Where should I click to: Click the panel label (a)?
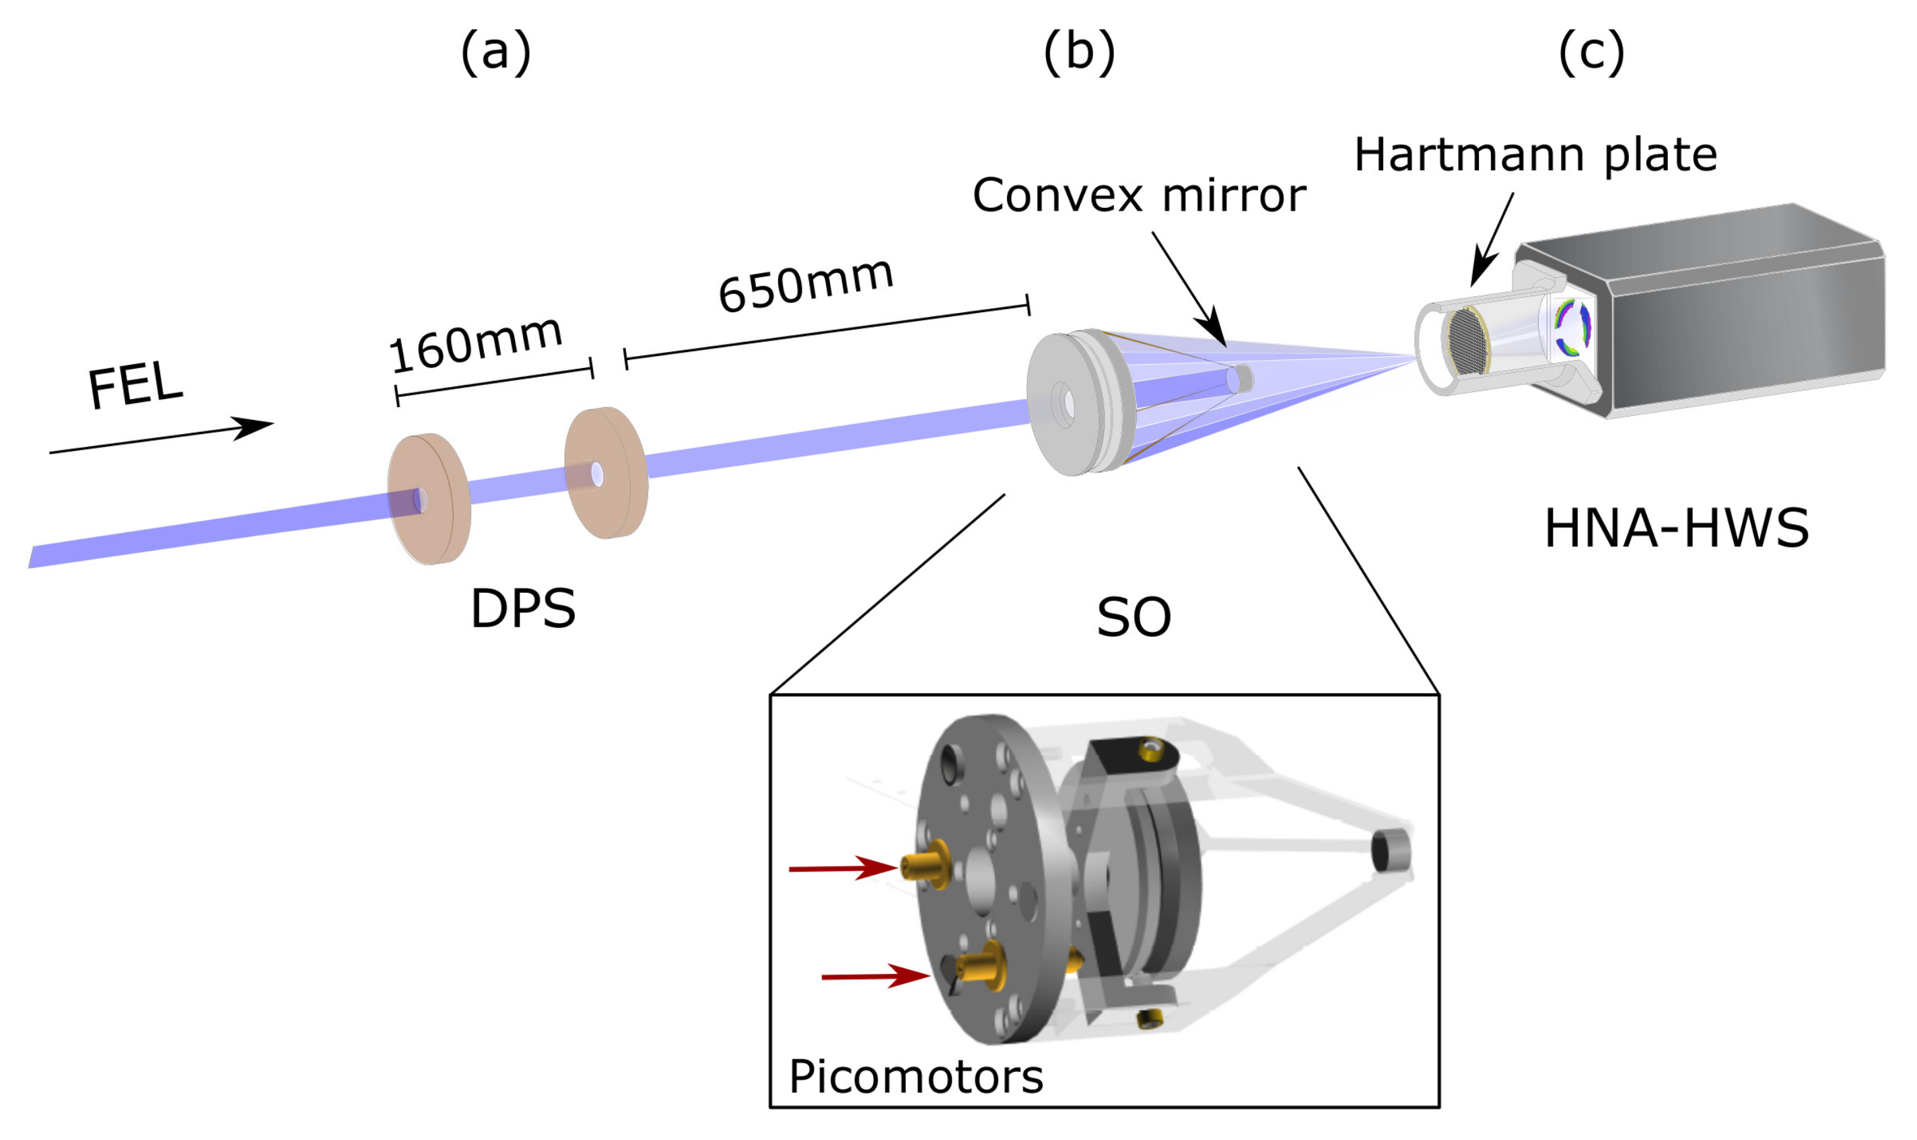pos(495,52)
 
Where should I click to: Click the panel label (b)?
pos(1079,52)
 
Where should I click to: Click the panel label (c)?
pos(1591,52)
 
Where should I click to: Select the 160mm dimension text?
pos(476,343)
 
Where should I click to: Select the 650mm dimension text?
pos(805,285)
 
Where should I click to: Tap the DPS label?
pos(522,609)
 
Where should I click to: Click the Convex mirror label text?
pos(1139,195)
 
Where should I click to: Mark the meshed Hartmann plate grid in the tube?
pos(1468,341)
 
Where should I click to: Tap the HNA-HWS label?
pos(1676,528)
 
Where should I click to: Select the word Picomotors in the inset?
pos(916,1076)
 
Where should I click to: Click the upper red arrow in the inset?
pos(842,868)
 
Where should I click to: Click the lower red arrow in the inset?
pos(874,976)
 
